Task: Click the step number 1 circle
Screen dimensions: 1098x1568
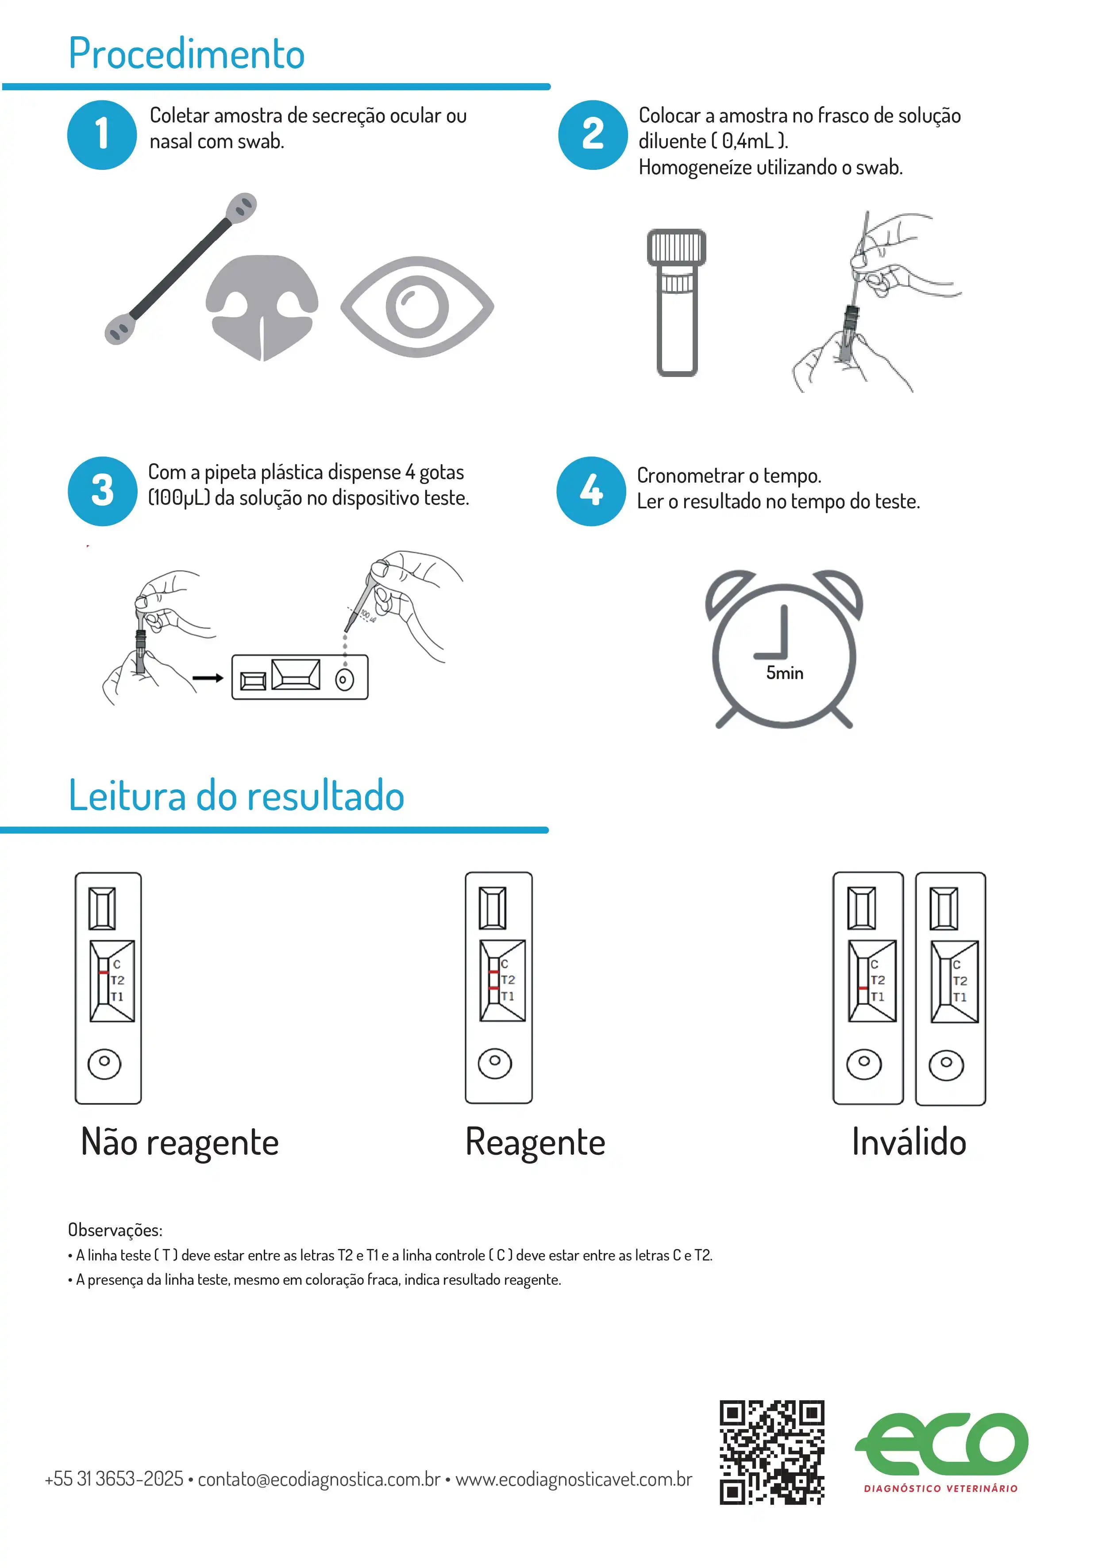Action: click(102, 135)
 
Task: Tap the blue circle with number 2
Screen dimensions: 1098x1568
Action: click(593, 135)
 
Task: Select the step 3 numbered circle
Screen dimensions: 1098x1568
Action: click(103, 491)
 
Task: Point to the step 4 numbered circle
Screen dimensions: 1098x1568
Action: click(591, 491)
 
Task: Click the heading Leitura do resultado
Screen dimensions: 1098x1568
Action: click(236, 796)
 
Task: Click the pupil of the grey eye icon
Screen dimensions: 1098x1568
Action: click(417, 307)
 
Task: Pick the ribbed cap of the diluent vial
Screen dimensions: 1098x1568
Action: click(676, 247)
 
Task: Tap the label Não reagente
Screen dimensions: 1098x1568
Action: click(180, 1142)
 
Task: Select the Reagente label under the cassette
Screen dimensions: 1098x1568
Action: click(535, 1142)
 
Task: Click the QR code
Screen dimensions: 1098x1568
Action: click(771, 1453)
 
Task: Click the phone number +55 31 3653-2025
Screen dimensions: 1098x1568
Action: click(114, 1479)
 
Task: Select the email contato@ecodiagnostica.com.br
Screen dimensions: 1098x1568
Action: click(319, 1479)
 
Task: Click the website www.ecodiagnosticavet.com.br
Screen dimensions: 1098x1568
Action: click(574, 1479)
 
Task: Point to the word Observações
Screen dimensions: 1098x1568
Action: click(115, 1230)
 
